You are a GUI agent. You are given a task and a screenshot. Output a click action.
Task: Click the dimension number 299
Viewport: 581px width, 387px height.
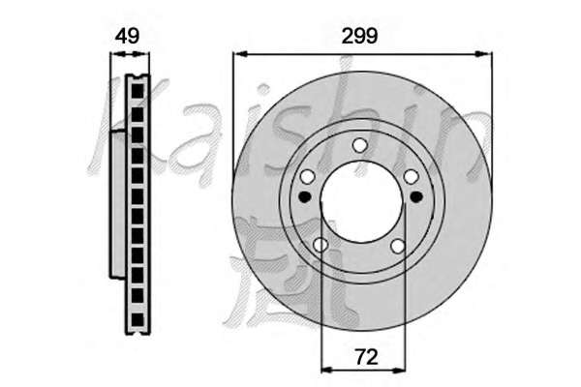coord(359,36)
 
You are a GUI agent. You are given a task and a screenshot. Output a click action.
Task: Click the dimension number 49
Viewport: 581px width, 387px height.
coord(127,36)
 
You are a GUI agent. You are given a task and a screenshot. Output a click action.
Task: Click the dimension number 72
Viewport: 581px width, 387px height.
coord(366,357)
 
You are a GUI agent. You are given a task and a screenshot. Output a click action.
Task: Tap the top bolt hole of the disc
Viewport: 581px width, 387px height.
coord(359,145)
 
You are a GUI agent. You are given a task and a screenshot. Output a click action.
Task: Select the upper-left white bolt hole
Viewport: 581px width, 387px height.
coord(308,177)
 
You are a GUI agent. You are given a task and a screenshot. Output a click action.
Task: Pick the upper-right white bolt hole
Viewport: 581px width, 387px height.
coord(411,177)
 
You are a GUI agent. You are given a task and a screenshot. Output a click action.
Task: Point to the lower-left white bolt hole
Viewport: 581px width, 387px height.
coord(321,245)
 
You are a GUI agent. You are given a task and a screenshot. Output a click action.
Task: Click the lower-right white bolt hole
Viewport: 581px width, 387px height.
coord(398,246)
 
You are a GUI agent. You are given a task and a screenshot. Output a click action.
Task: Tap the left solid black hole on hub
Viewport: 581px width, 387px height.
coord(305,196)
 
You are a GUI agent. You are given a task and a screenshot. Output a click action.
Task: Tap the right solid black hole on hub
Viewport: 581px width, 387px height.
coord(416,196)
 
